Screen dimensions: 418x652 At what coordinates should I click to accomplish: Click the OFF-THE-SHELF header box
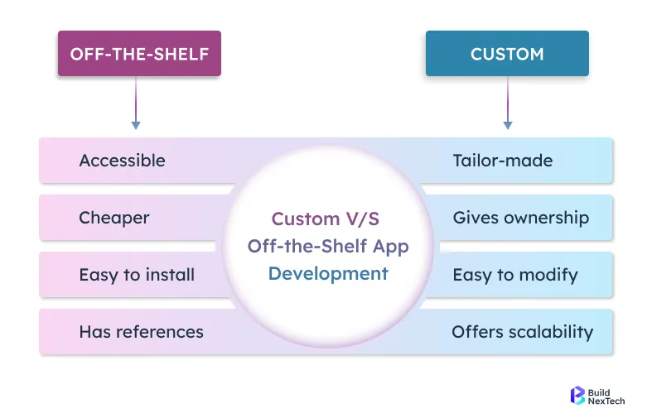click(x=139, y=54)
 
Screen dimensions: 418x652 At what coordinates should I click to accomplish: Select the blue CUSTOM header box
click(x=507, y=54)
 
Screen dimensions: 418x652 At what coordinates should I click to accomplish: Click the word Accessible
click(x=122, y=161)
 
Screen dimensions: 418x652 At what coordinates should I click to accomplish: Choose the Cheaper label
click(x=114, y=218)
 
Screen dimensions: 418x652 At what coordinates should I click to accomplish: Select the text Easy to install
click(x=137, y=275)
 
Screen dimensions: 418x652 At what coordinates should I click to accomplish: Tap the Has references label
click(x=141, y=332)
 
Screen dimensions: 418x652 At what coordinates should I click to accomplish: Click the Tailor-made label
click(x=503, y=161)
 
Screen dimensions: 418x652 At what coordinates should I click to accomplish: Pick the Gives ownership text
click(x=521, y=218)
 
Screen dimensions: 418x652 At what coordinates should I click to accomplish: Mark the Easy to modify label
click(x=515, y=275)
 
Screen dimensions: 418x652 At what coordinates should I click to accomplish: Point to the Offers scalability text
click(x=523, y=332)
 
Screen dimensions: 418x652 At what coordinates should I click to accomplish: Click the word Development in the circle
click(x=328, y=274)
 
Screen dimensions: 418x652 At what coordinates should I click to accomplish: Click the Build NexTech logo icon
click(x=577, y=396)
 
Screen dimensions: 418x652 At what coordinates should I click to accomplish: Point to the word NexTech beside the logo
click(x=607, y=401)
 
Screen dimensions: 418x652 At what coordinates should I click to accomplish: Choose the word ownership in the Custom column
click(x=548, y=218)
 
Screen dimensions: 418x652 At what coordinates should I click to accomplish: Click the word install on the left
click(x=171, y=275)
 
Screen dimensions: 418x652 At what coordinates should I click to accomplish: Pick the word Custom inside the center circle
click(x=305, y=219)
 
